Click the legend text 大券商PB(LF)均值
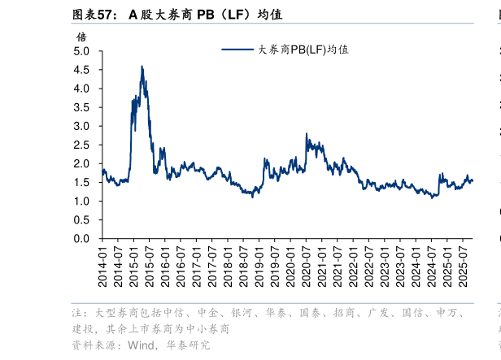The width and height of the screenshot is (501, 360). [303, 50]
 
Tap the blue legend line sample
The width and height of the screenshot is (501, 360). [238, 50]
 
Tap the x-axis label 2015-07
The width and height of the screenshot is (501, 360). [150, 268]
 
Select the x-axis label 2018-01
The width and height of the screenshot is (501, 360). [229, 268]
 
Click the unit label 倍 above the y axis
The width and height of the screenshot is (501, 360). [81, 37]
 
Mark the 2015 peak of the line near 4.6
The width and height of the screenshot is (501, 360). [142, 67]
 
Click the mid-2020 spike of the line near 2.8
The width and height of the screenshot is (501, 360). [306, 134]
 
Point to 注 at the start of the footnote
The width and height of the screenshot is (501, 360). [76, 313]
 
